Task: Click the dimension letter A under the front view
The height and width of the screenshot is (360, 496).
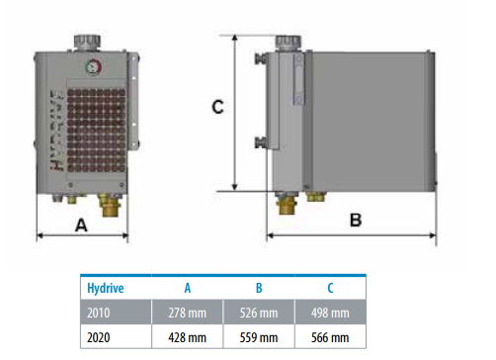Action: click(x=81, y=225)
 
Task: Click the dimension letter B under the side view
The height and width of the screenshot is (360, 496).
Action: click(x=356, y=220)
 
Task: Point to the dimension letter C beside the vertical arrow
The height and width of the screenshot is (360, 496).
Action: click(x=217, y=107)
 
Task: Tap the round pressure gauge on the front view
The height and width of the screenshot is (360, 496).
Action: click(x=94, y=67)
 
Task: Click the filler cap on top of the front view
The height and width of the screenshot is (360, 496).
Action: click(x=87, y=43)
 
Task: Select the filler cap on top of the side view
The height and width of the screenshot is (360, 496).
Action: click(x=289, y=43)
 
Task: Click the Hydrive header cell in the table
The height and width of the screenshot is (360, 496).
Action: click(x=106, y=288)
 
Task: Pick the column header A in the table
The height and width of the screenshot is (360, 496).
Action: click(x=188, y=288)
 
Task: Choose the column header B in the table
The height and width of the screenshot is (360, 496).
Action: click(x=259, y=288)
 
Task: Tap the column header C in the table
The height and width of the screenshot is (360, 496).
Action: click(x=330, y=288)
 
